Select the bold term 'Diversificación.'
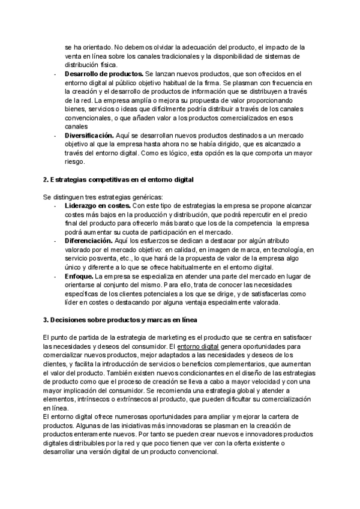(89, 136)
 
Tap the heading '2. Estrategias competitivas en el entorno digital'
(118, 180)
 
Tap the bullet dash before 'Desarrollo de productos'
(56, 74)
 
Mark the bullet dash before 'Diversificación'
(56, 136)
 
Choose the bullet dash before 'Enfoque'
(56, 276)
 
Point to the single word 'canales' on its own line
(76, 127)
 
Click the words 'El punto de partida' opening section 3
(71, 338)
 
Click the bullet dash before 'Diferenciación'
(56, 241)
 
